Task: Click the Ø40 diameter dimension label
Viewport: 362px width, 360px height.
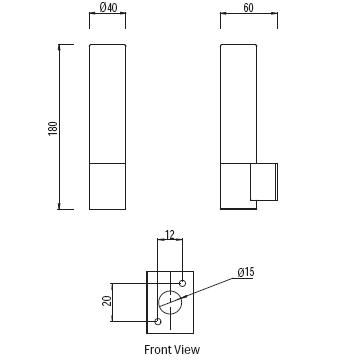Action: coord(108,7)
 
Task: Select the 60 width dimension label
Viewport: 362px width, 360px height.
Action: coord(248,8)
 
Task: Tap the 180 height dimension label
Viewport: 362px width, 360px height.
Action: coord(53,128)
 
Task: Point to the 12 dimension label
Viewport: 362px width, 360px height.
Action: coord(170,235)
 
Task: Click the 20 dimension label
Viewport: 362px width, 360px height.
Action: coord(107,301)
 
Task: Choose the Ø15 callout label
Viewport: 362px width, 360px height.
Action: coord(246,272)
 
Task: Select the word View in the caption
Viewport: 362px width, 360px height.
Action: coord(189,350)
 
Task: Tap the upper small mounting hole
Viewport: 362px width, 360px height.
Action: coord(182,283)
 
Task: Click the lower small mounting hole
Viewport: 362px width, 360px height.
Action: coord(158,322)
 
